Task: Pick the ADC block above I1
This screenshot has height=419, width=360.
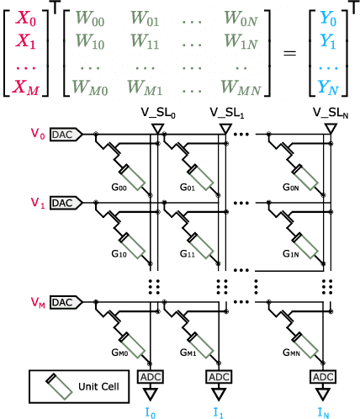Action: [x=218, y=376]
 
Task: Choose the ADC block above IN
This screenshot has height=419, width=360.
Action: [x=322, y=376]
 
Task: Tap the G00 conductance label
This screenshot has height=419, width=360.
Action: [x=130, y=187]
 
